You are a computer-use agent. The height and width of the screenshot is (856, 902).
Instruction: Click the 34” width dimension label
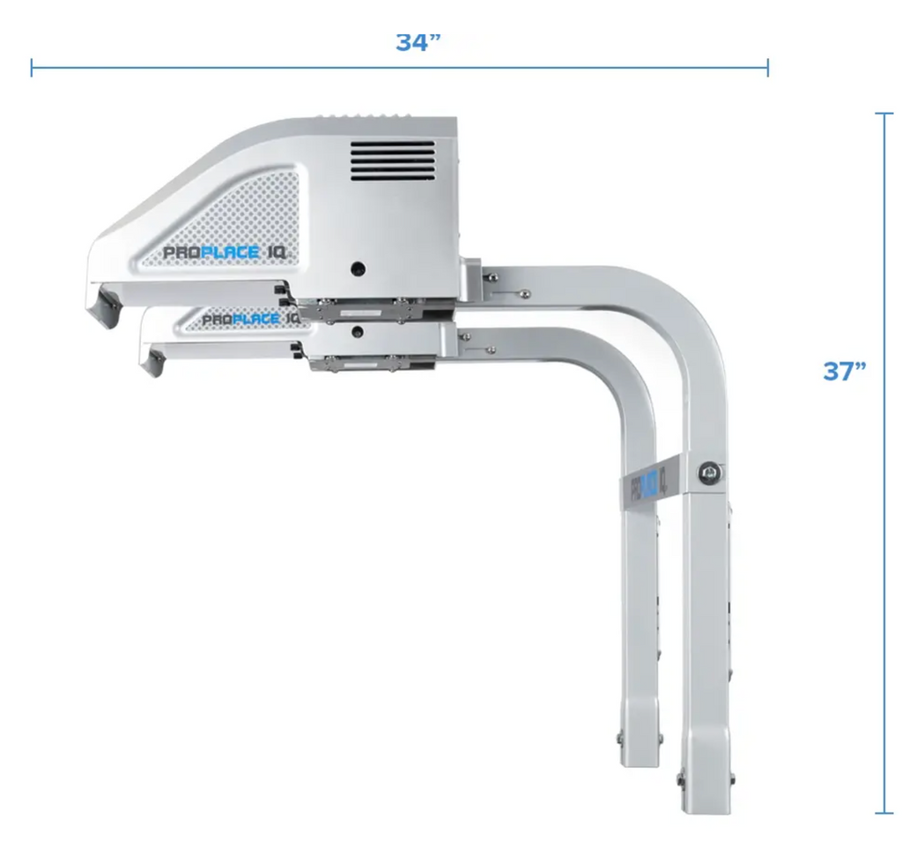click(x=418, y=42)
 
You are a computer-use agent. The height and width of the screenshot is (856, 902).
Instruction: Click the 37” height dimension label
click(x=844, y=371)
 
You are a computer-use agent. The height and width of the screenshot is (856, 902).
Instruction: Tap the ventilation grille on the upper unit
click(x=393, y=161)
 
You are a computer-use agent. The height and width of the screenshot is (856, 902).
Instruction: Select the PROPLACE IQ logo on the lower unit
click(x=249, y=320)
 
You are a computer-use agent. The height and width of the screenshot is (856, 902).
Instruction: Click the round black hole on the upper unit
click(x=359, y=268)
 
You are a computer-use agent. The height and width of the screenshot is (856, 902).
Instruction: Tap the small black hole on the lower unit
click(x=359, y=331)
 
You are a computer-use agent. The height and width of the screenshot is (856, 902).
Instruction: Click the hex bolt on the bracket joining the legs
click(x=709, y=473)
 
